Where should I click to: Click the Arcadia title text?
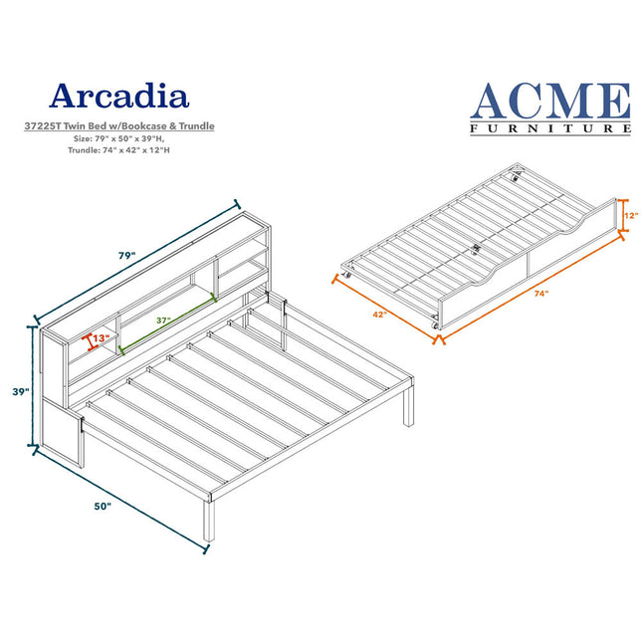pyautogui.click(x=118, y=96)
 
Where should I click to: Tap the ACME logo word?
pyautogui.click(x=550, y=101)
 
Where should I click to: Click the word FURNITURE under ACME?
pyautogui.click(x=550, y=129)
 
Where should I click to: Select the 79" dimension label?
pyautogui.click(x=127, y=256)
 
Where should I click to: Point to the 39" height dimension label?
pyautogui.click(x=21, y=392)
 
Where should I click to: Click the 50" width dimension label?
pyautogui.click(x=103, y=506)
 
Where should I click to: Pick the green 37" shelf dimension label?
pyautogui.click(x=163, y=321)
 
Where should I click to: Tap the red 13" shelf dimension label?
pyautogui.click(x=102, y=338)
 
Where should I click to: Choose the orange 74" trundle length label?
pyautogui.click(x=540, y=294)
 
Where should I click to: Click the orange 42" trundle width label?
pyautogui.click(x=379, y=315)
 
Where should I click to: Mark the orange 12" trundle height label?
pyautogui.click(x=632, y=215)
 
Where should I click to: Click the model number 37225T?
pyautogui.click(x=42, y=126)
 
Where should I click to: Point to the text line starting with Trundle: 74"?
pyautogui.click(x=118, y=150)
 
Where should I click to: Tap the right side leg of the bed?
pyautogui.click(x=409, y=406)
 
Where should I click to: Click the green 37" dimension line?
pyautogui.click(x=167, y=322)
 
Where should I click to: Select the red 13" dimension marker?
pyautogui.click(x=89, y=342)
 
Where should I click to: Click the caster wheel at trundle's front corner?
pyautogui.click(x=435, y=325)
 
